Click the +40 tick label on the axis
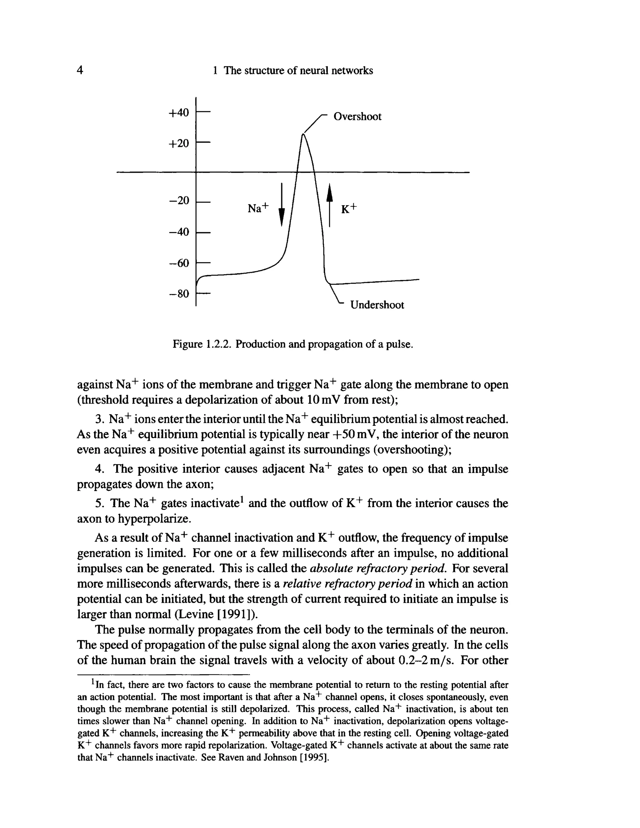coord(178,112)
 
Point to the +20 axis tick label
coord(178,143)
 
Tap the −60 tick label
coord(178,263)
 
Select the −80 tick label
coord(178,293)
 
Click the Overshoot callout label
coord(357,117)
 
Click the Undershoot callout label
coord(377,305)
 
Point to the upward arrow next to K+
coord(329,205)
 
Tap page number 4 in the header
coord(80,70)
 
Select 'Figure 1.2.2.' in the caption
coord(202,344)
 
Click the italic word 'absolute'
coord(332,568)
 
